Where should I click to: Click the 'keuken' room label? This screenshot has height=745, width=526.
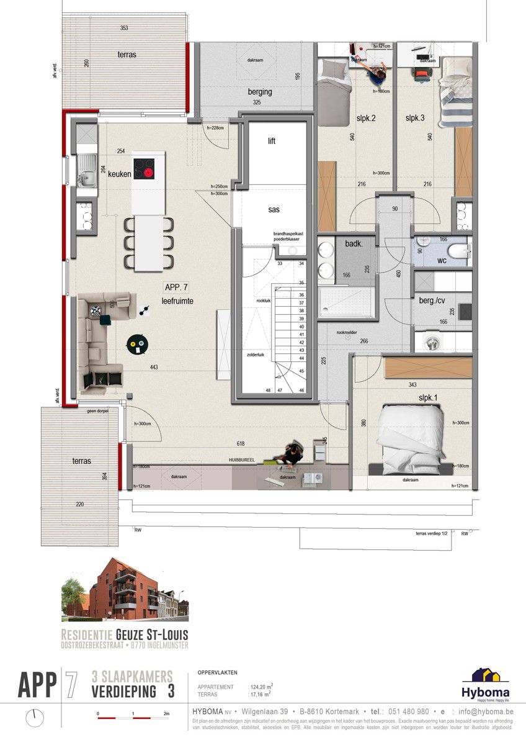[x=119, y=174]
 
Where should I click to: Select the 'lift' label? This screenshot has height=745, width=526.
[x=272, y=141]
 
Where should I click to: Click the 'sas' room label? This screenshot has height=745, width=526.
[x=274, y=210]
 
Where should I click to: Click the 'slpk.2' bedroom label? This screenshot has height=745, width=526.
[x=364, y=118]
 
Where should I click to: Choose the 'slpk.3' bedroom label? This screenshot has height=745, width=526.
[x=416, y=118]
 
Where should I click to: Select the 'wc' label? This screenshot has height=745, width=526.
[x=442, y=261]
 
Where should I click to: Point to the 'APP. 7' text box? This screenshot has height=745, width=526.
[x=177, y=287]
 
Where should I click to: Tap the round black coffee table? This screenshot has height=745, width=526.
[x=137, y=343]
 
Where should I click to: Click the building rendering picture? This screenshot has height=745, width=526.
[x=124, y=590]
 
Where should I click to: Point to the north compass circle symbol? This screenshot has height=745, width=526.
[x=35, y=718]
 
